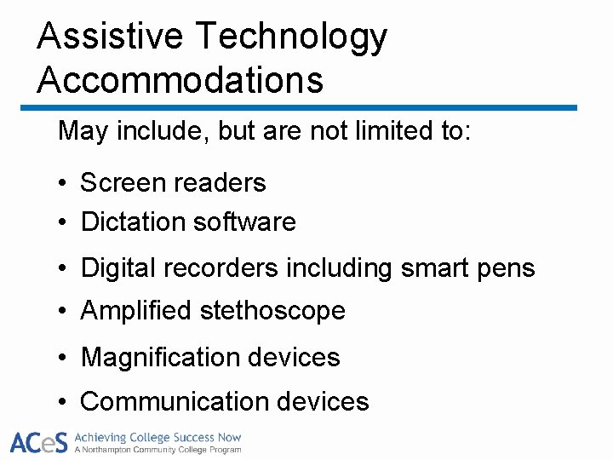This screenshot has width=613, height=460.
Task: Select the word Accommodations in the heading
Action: (x=180, y=80)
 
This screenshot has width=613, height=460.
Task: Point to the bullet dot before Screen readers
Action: (x=63, y=184)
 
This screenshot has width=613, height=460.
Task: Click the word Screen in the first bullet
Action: (x=123, y=182)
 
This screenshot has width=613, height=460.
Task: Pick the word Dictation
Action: (x=133, y=222)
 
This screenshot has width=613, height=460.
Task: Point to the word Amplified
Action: (x=136, y=311)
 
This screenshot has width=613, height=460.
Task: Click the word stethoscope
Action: (x=272, y=311)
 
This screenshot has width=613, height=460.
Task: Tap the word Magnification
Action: (x=162, y=358)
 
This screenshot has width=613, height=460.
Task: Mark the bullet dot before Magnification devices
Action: (x=63, y=359)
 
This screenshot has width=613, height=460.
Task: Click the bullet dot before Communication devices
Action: (x=63, y=402)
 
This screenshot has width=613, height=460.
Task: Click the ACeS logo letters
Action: (x=37, y=442)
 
